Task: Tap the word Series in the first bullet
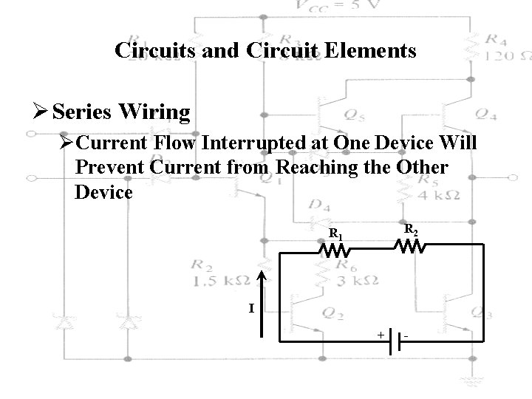pos(81,112)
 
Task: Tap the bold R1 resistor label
pos(335,235)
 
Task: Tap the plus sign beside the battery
pos(381,335)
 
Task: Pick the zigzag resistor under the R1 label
pos(334,251)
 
